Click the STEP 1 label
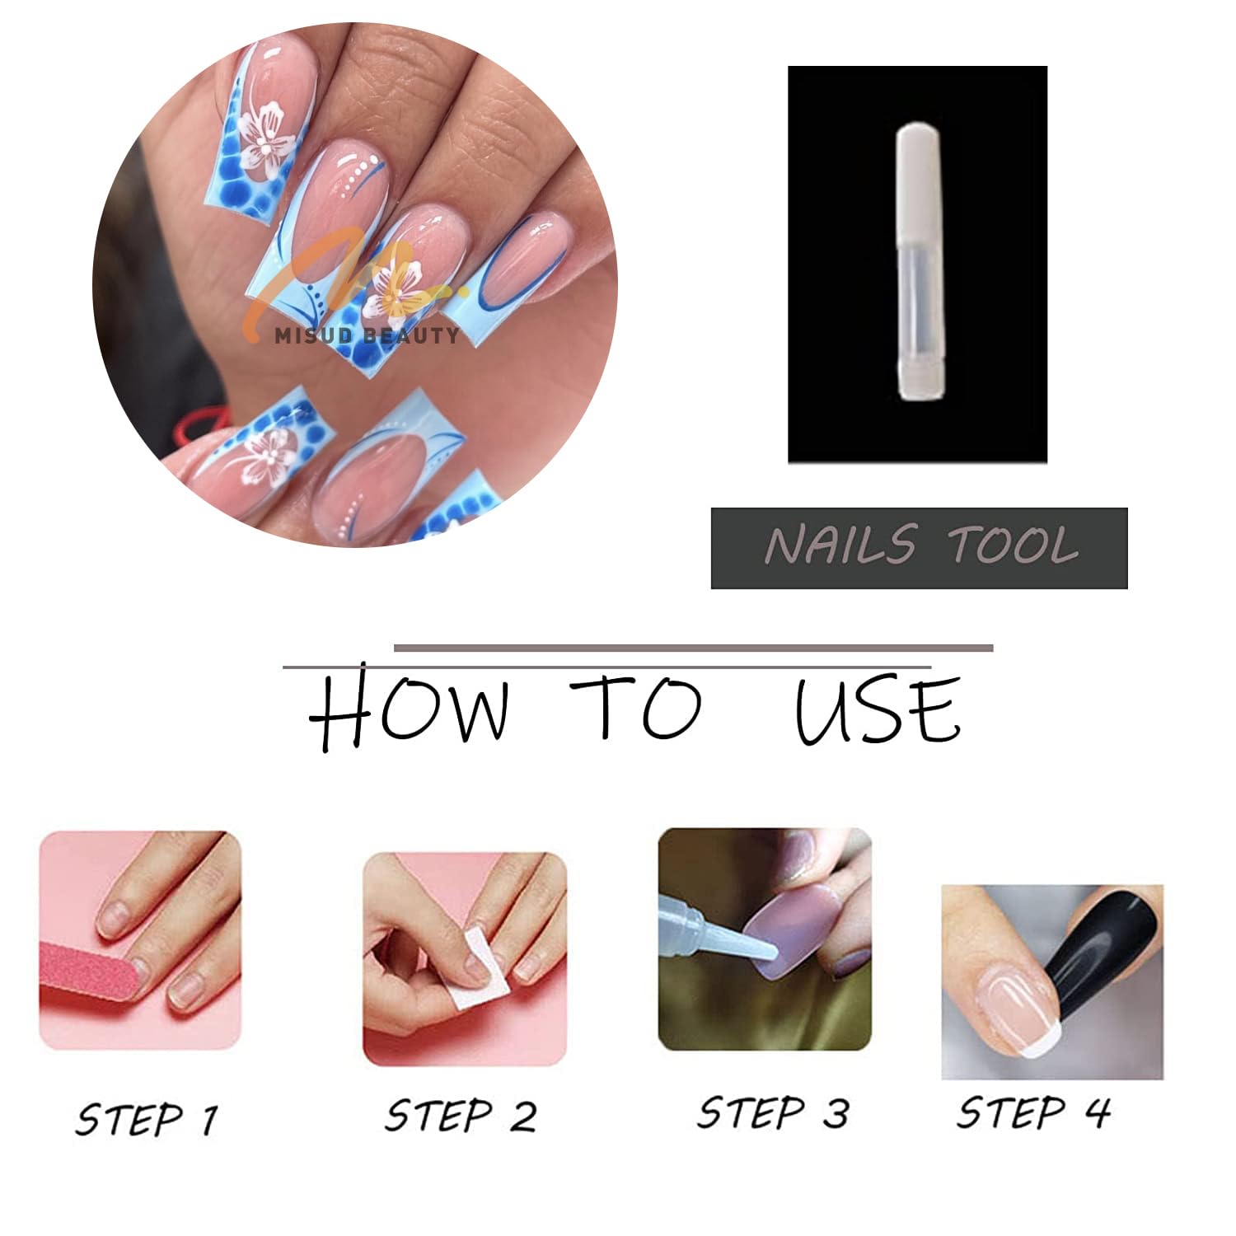147,1119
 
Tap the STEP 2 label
461,1116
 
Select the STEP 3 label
772,1112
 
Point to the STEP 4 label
1033,1112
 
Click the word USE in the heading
878,710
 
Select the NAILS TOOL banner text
920,547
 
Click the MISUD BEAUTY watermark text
367,335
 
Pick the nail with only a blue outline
515,264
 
